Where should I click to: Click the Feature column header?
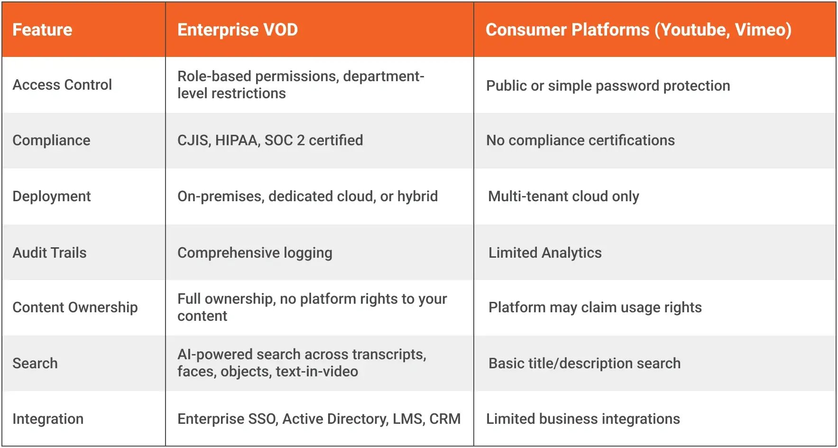42,30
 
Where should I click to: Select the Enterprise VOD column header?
238,30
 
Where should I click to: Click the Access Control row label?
62,85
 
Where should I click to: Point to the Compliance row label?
51,140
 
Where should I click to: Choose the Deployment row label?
52,196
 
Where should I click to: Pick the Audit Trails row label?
50,252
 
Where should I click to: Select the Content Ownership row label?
75,308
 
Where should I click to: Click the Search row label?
35,364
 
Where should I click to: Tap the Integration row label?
48,419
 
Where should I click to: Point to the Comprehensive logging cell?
255,253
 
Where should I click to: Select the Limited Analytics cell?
545,253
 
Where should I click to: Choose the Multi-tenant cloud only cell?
563,196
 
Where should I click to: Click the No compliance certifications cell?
580,140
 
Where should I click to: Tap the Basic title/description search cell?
584,364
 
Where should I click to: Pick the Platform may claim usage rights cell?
595,308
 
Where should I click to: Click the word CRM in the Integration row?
445,419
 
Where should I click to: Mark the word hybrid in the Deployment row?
417,196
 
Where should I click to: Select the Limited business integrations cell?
583,419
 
